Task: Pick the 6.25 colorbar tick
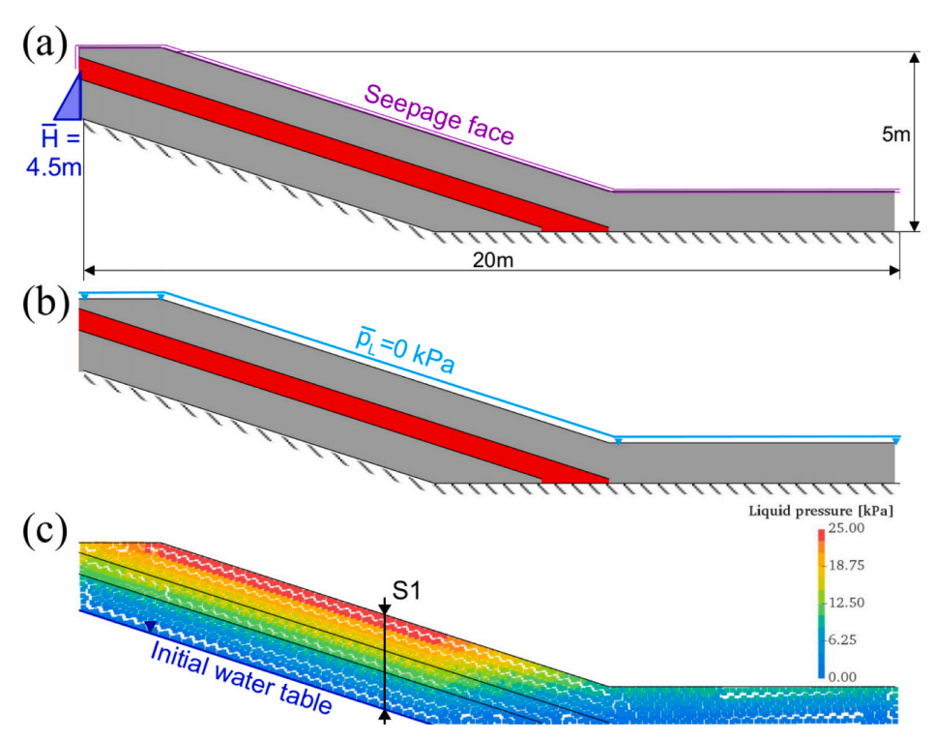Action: [x=850, y=639]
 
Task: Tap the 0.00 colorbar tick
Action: [x=850, y=676]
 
